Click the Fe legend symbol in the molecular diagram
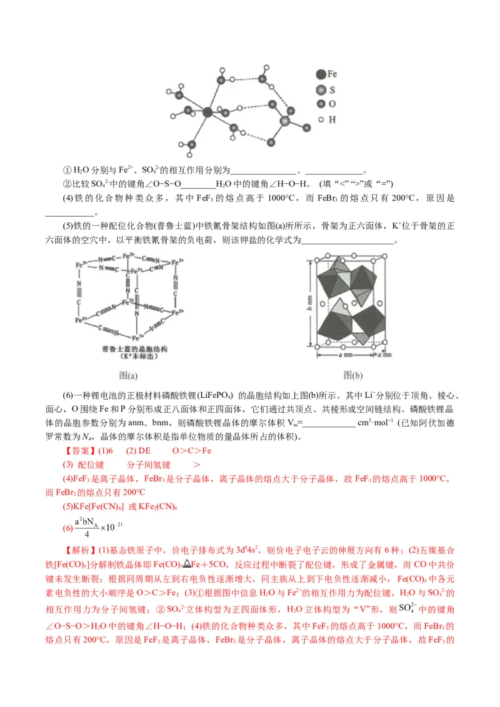coord(321,74)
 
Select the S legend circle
coord(321,90)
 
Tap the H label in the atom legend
coord(332,119)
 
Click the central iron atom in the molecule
coord(207,112)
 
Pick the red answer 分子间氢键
coord(149,465)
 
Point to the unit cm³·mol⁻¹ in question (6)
coord(375,423)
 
